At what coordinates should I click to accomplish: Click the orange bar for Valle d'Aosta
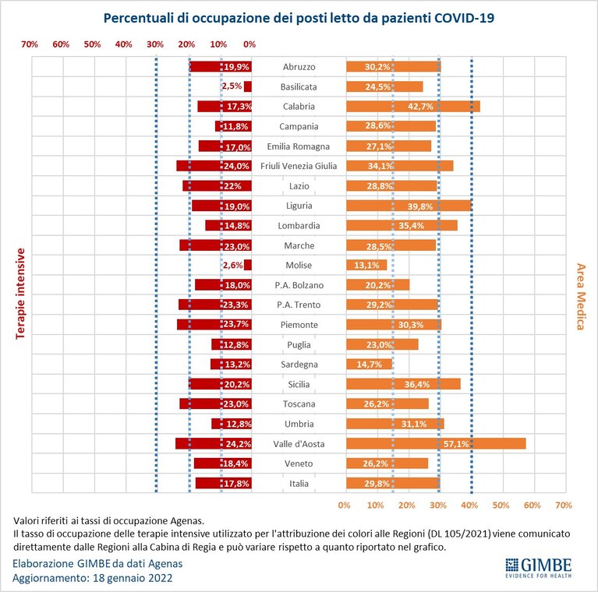pyautogui.click(x=436, y=443)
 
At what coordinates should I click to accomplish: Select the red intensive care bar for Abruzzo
pyautogui.click(x=221, y=67)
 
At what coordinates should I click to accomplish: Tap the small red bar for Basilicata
pyautogui.click(x=248, y=86)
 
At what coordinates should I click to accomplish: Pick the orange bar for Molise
pyautogui.click(x=366, y=265)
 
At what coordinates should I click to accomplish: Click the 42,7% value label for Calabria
pyautogui.click(x=420, y=107)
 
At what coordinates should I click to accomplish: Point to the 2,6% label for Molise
pyautogui.click(x=232, y=265)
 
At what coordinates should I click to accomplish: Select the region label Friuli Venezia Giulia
pyautogui.click(x=299, y=166)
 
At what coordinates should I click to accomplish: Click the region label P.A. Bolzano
pyautogui.click(x=299, y=285)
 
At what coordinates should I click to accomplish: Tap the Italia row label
pyautogui.click(x=299, y=484)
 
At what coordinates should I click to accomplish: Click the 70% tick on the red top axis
pyautogui.click(x=30, y=44)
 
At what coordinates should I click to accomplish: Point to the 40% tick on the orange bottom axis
pyautogui.click(x=469, y=505)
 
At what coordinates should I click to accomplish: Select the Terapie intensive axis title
pyautogui.click(x=20, y=294)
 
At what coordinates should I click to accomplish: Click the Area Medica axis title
pyautogui.click(x=580, y=296)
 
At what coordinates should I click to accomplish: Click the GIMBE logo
pyautogui.click(x=539, y=568)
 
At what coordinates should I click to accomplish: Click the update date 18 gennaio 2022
pyautogui.click(x=133, y=578)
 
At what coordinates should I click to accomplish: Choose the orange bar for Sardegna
pyautogui.click(x=370, y=365)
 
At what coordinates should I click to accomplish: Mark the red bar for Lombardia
pyautogui.click(x=228, y=226)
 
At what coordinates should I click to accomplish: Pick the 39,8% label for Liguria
pyautogui.click(x=420, y=206)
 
